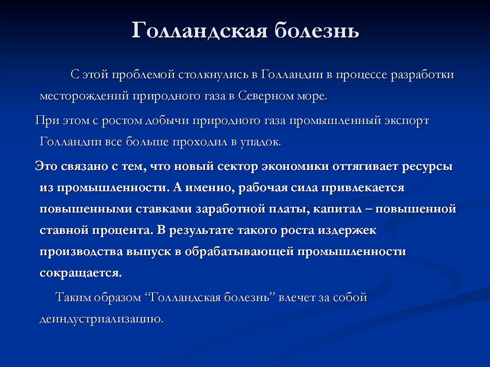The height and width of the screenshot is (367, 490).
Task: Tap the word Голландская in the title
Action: click(200, 31)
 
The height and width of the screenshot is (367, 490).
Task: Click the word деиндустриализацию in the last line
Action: click(101, 319)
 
